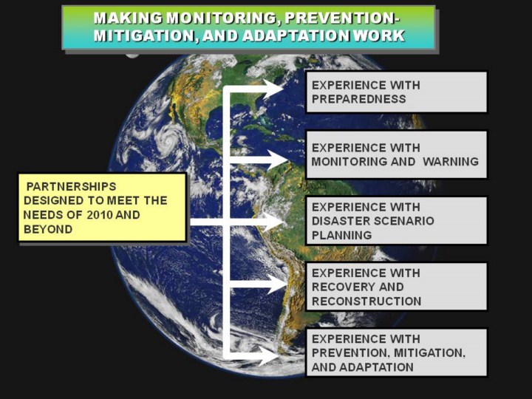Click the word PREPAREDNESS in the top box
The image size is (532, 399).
pos(358,99)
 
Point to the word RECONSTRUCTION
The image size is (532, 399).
pos(366,301)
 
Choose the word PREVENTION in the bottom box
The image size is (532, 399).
pos(349,353)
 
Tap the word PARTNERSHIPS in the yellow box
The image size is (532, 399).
pos(71,186)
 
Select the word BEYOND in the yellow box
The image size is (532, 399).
pos(48,229)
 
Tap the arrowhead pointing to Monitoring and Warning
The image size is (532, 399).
pos(276,160)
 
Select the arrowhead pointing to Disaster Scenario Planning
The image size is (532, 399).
pos(273,222)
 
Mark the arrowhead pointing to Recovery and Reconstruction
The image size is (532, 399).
pos(276,284)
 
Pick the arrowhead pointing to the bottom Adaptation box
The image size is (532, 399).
pos(269,356)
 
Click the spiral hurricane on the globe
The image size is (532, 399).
pos(168,140)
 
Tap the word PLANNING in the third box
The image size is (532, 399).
pos(341,235)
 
